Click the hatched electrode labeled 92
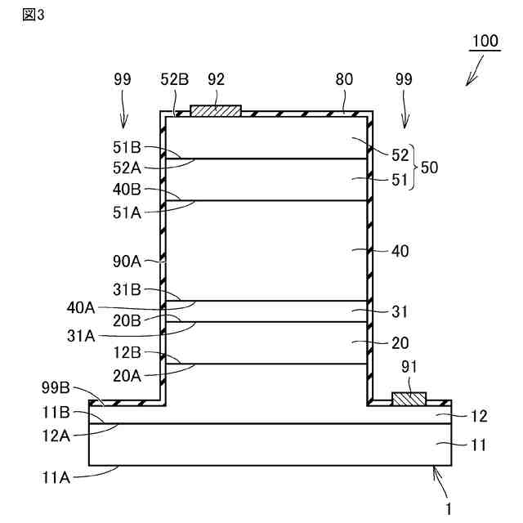pos(215,110)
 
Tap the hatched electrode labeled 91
pos(409,399)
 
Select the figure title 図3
pos(34,18)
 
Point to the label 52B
pos(174,79)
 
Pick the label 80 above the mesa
pos(344,79)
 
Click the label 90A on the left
pos(128,261)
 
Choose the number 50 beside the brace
pos(429,167)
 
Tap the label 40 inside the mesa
pos(400,251)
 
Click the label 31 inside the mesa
pos(400,311)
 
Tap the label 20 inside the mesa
pos(400,343)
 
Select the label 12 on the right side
pos(479,416)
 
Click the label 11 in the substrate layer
pos(479,445)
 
